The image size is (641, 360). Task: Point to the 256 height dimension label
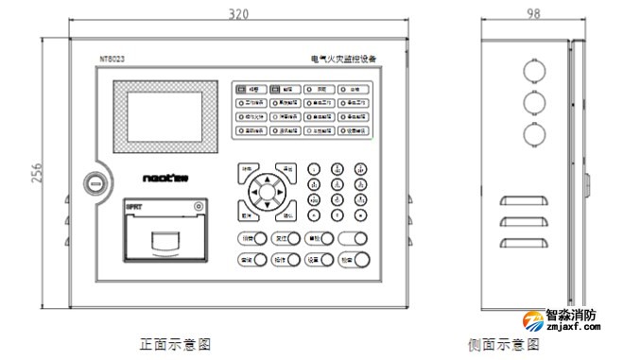click(39, 173)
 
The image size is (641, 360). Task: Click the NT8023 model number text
click(113, 59)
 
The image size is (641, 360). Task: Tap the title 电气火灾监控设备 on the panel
click(343, 59)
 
